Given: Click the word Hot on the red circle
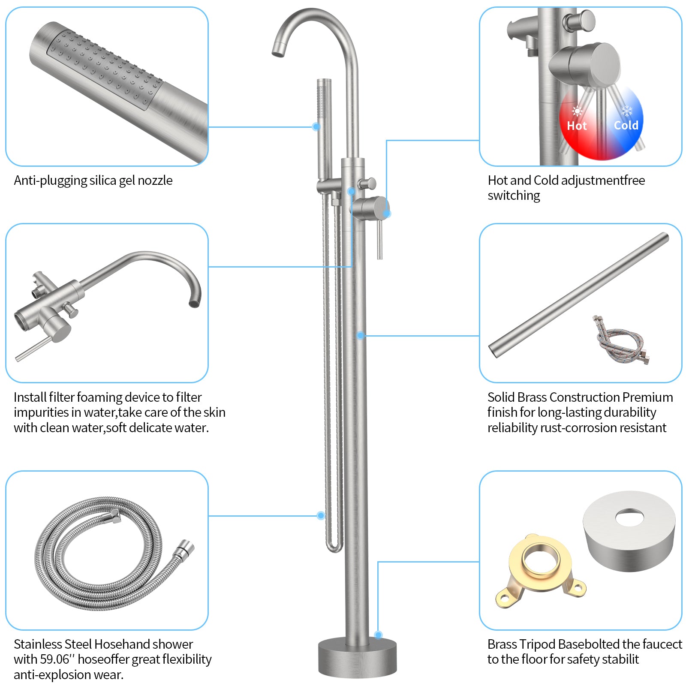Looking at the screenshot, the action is (577, 126).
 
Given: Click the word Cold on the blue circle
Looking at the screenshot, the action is (626, 125).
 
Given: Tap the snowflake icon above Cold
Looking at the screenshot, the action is (627, 111).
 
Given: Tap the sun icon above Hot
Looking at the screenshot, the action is (577, 111).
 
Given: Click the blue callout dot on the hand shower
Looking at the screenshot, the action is (316, 126).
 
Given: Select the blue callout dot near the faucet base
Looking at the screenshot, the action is (378, 635).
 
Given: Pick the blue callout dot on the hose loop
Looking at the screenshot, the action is (321, 515).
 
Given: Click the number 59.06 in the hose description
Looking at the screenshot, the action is (55, 659).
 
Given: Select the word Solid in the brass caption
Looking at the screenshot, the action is (501, 397).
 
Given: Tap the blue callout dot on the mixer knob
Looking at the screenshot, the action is (387, 213).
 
